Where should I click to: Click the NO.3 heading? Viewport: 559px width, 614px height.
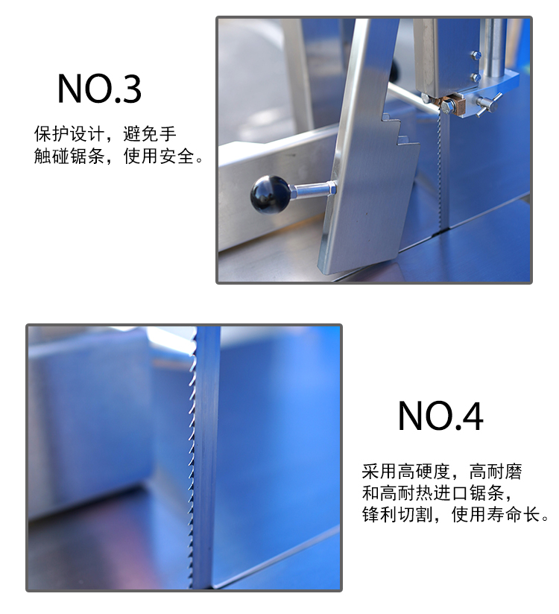(x=99, y=89)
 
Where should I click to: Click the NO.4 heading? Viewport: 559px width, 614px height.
(x=440, y=416)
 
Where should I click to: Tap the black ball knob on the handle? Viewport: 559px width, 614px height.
(x=270, y=194)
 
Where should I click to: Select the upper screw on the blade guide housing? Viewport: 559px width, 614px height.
(x=475, y=54)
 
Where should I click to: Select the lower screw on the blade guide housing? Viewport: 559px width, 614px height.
(x=475, y=77)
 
